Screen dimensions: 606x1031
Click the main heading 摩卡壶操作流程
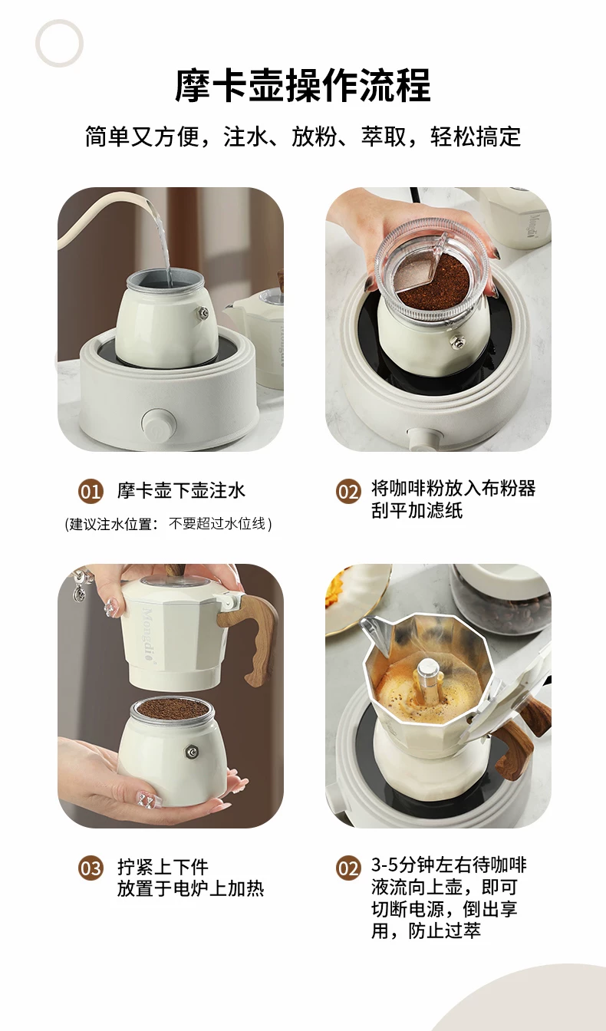click(303, 86)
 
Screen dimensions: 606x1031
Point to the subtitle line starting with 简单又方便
click(303, 137)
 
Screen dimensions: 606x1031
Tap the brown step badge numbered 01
click(91, 491)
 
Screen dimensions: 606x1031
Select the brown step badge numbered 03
click(91, 868)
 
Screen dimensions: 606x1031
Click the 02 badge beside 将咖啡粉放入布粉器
click(348, 491)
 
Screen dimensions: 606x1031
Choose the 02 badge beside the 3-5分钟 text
click(348, 868)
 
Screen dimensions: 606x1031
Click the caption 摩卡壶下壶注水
click(181, 491)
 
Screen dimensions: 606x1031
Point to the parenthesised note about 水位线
click(169, 524)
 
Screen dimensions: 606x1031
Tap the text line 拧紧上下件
click(163, 867)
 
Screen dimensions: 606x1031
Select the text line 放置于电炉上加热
click(190, 889)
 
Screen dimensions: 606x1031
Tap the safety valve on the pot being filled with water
click(202, 313)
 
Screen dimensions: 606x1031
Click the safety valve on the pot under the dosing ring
click(457, 341)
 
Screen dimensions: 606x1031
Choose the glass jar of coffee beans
click(502, 601)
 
